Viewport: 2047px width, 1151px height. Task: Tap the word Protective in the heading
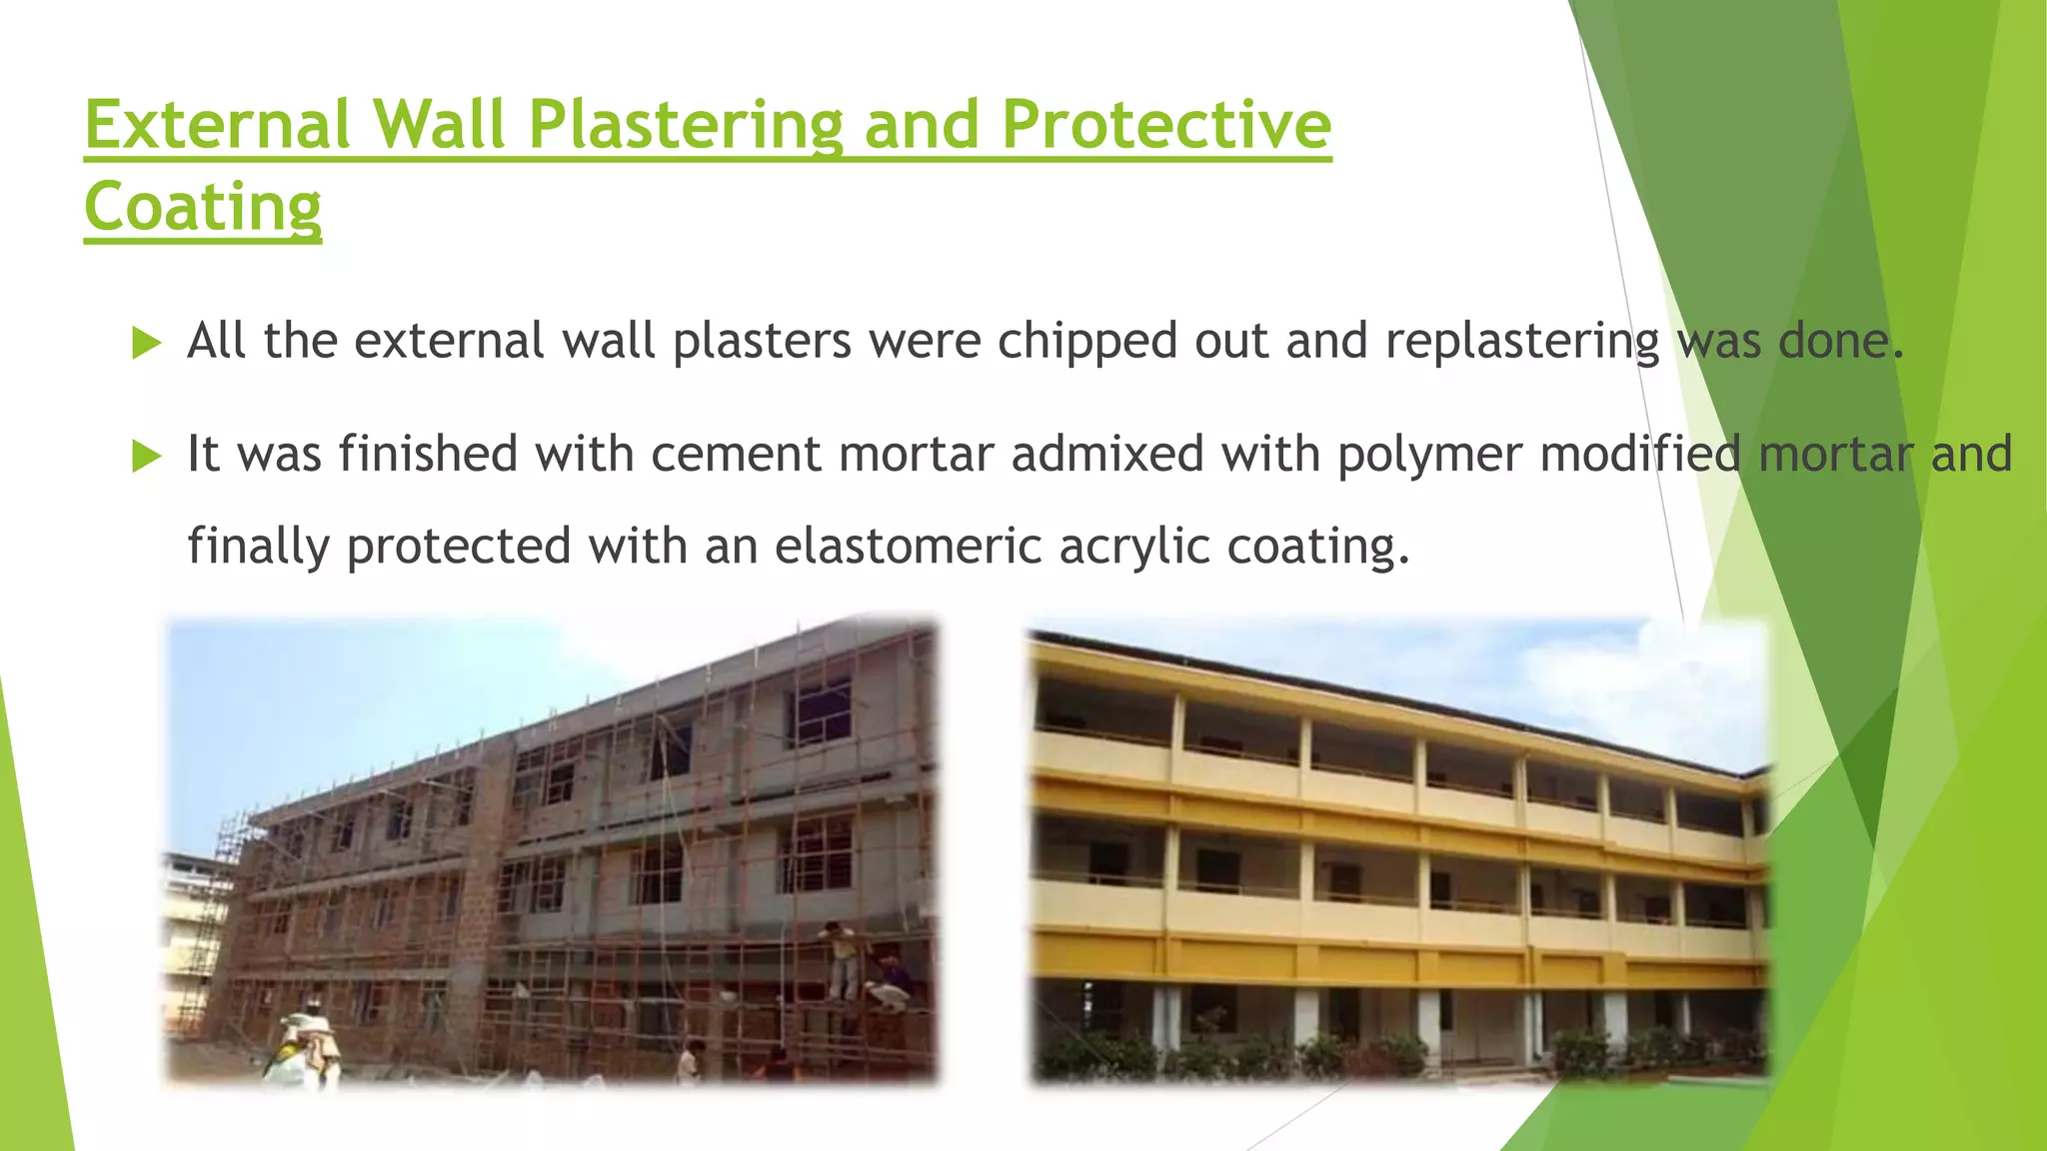(x=1165, y=125)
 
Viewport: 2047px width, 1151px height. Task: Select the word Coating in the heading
(x=203, y=207)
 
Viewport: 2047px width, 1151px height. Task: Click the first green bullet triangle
(x=146, y=344)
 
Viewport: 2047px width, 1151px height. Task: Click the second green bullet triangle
(x=146, y=458)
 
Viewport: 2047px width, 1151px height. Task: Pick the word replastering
(x=1522, y=342)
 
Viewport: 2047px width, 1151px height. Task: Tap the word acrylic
(x=1134, y=547)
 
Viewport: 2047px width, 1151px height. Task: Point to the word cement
(x=736, y=455)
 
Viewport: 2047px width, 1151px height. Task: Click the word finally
(x=258, y=547)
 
